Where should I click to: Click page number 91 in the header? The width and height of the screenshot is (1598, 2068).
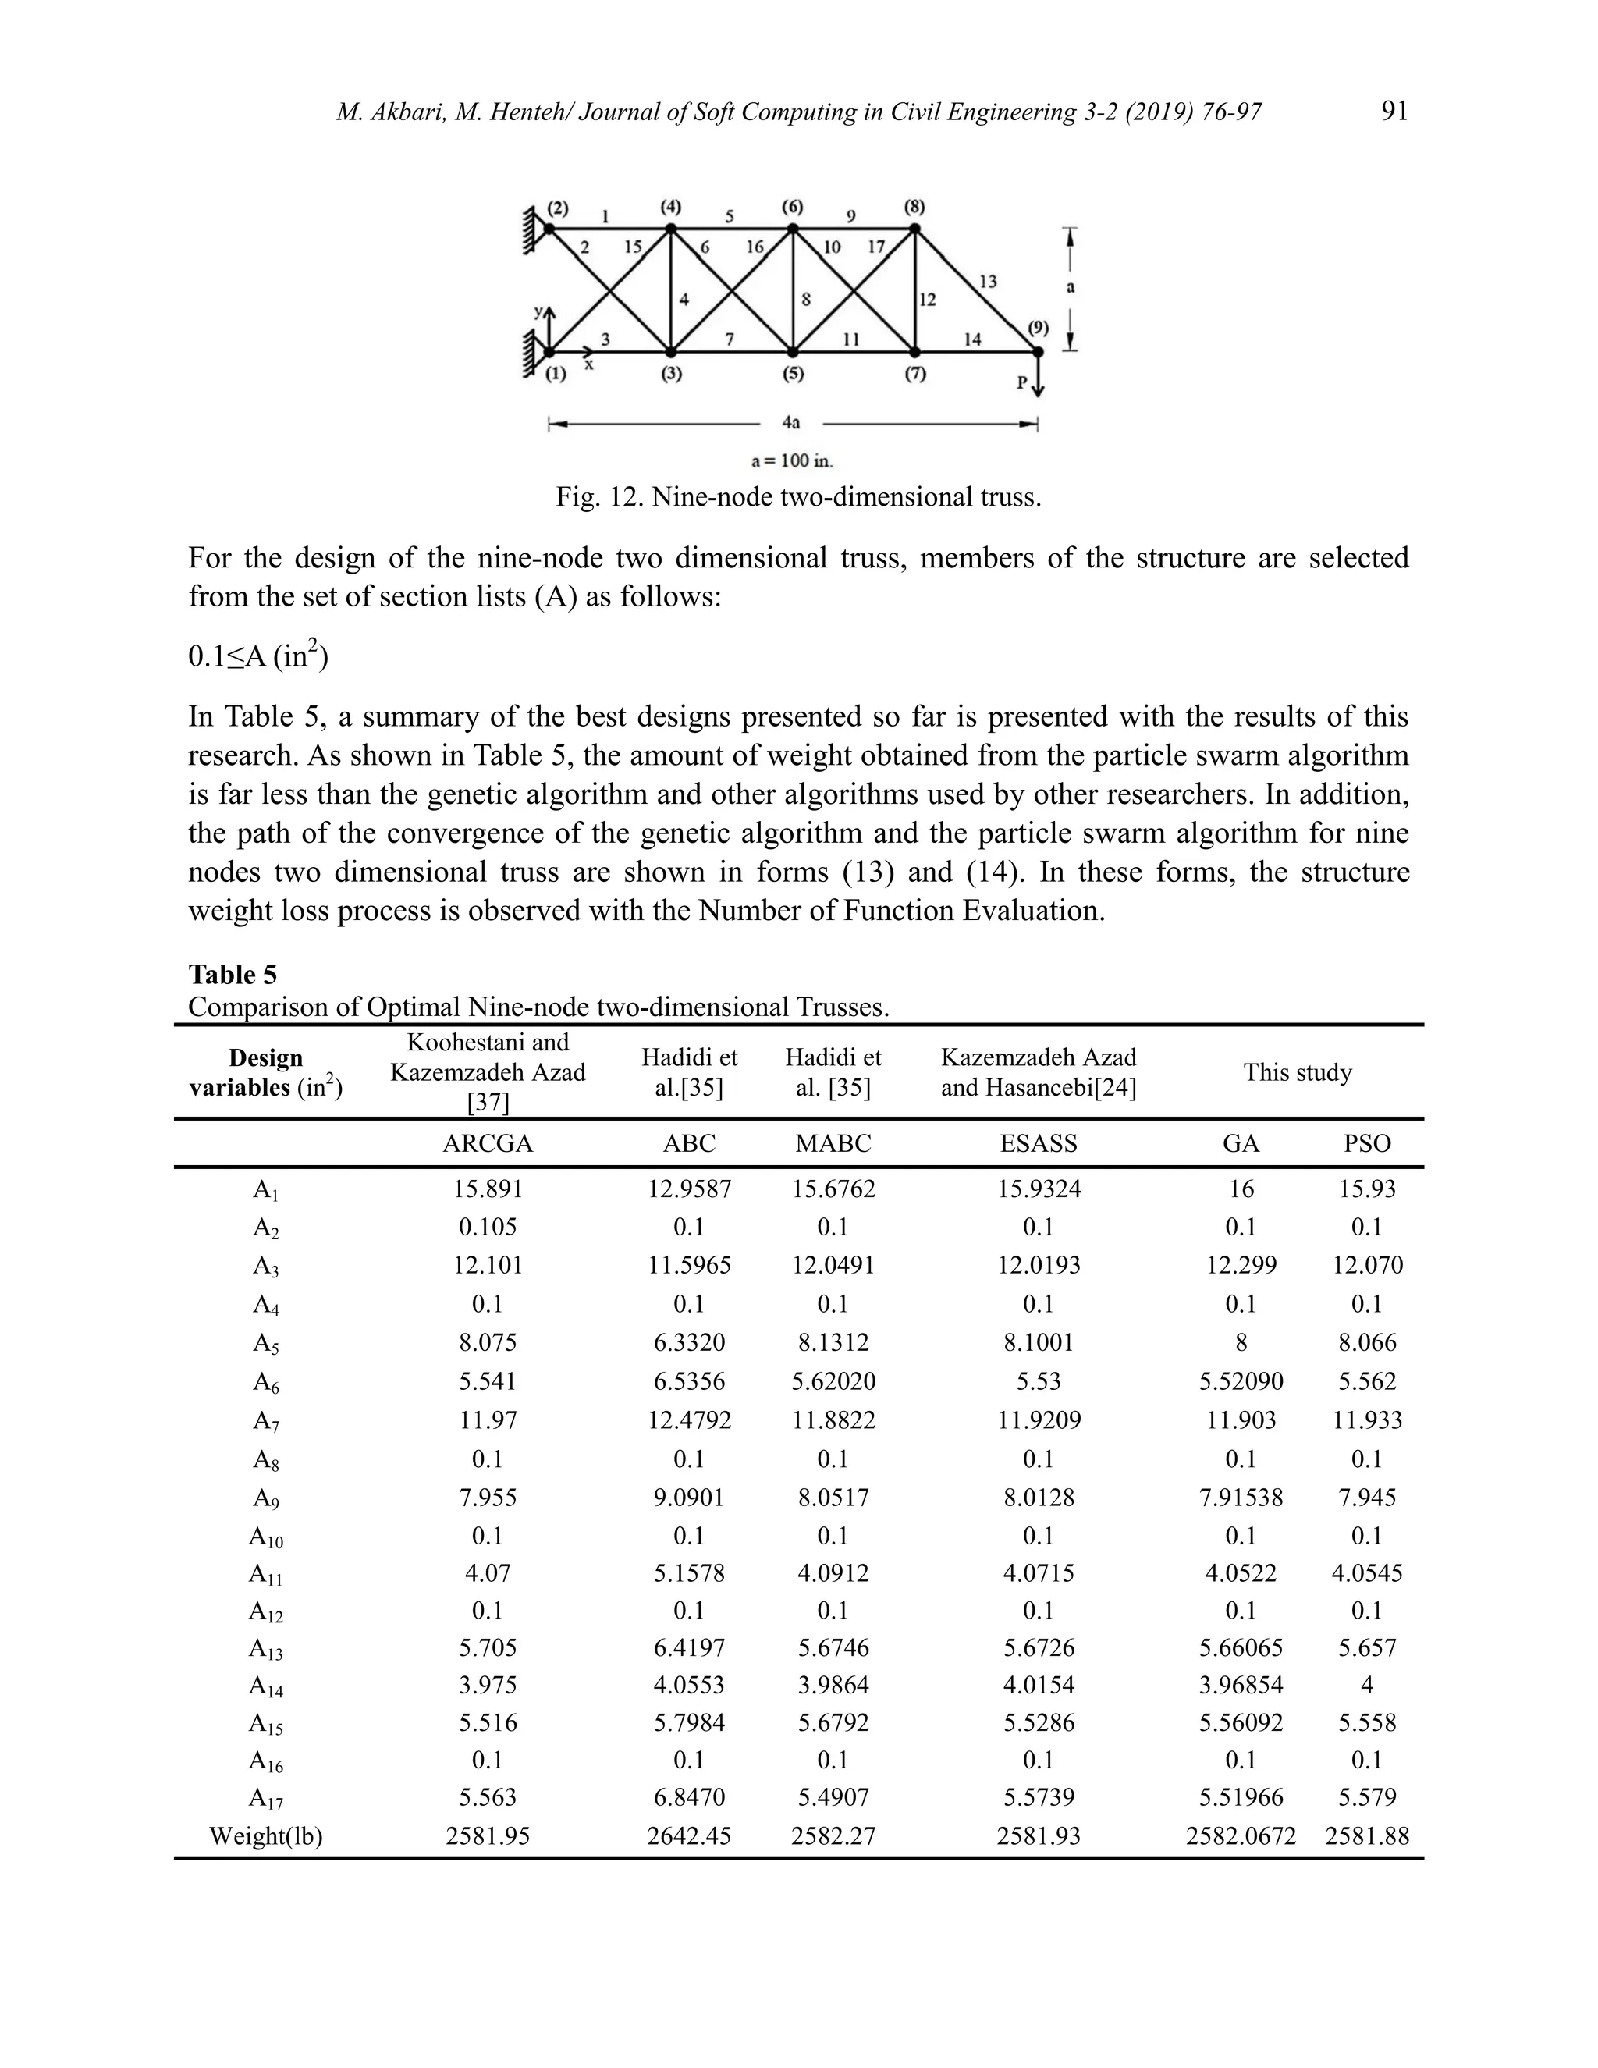[1394, 112]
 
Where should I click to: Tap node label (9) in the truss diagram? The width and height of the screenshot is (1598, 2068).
[1039, 328]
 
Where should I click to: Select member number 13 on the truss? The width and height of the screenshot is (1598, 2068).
[987, 281]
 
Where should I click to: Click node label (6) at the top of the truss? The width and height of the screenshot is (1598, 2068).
[793, 207]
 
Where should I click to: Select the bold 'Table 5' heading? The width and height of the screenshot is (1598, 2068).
[233, 975]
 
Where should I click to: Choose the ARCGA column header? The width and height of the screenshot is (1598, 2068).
[488, 1144]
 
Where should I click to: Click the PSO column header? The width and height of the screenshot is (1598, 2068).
[1367, 1144]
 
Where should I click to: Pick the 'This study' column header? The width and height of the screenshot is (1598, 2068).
[1297, 1073]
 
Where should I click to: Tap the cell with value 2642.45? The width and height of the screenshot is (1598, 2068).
[689, 1837]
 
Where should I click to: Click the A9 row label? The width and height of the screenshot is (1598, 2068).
[266, 1499]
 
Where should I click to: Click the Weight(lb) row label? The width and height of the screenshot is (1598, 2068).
[266, 1837]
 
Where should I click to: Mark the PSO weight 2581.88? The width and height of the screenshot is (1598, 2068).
[1367, 1837]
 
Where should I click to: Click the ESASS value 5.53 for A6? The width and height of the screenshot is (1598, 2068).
[1039, 1381]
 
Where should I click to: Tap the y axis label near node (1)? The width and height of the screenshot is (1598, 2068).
[538, 311]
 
